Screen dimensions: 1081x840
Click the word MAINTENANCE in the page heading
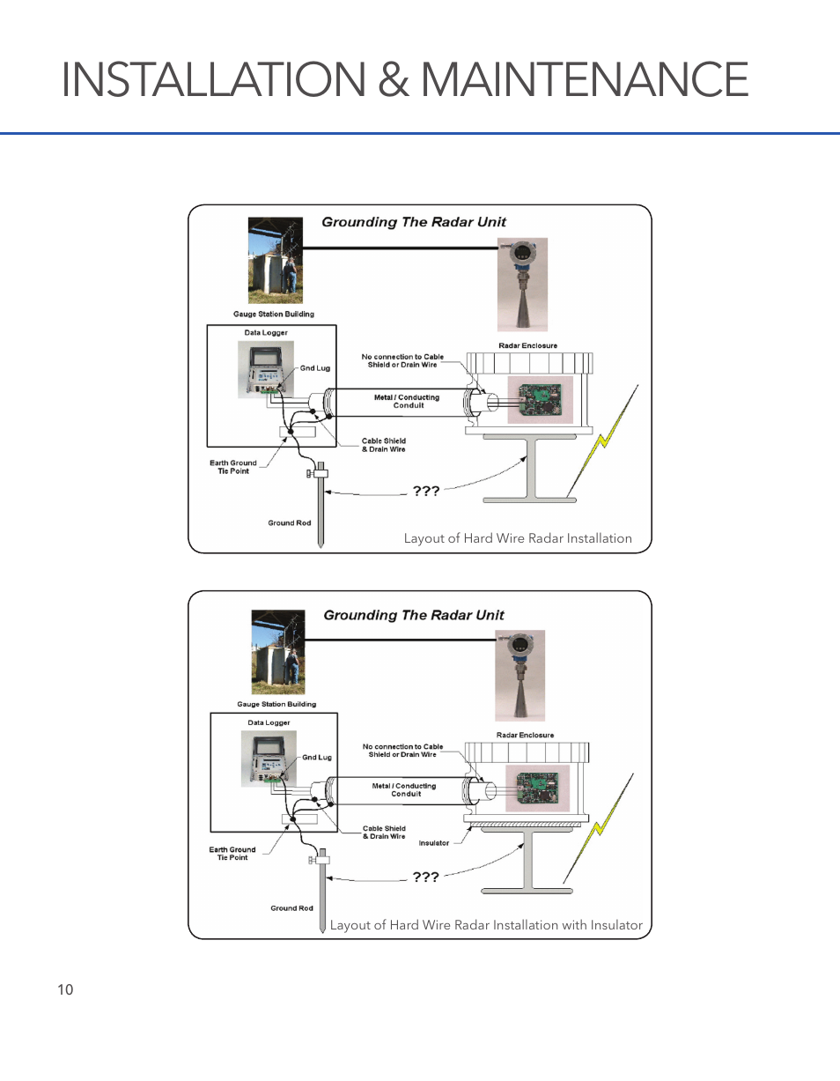585,80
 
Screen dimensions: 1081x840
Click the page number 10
65,989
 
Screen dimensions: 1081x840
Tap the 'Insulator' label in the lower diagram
434,843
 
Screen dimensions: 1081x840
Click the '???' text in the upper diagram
426,491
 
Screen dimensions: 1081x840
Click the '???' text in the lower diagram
426,877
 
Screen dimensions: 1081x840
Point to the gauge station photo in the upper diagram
276,262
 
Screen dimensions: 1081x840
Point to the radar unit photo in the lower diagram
519,675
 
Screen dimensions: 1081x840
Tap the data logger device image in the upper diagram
265,370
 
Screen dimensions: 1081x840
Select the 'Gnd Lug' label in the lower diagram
317,758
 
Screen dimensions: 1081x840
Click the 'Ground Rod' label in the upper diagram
290,523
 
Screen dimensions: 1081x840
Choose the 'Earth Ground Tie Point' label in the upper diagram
233,467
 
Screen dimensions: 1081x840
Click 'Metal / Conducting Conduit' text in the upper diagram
407,402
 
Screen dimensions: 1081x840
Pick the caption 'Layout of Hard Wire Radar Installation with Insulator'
486,925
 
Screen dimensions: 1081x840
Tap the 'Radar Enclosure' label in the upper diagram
528,346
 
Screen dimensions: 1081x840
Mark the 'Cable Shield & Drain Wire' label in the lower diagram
384,833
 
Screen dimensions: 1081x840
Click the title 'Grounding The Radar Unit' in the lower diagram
414,615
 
